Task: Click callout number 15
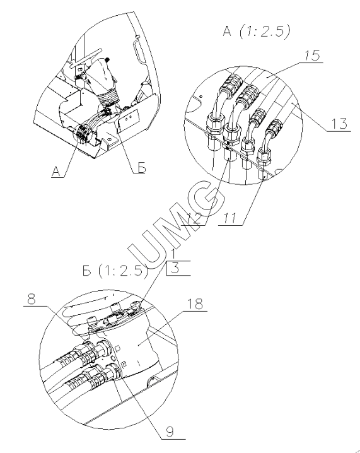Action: point(312,55)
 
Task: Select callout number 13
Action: point(339,124)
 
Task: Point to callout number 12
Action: point(194,218)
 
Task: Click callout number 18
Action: point(195,304)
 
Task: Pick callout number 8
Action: point(32,299)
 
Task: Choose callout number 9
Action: point(170,432)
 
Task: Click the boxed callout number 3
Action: point(175,268)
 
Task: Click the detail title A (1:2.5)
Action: point(256,31)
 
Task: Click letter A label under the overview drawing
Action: point(56,172)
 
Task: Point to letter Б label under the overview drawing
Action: point(141,168)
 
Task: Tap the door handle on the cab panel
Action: point(137,51)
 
